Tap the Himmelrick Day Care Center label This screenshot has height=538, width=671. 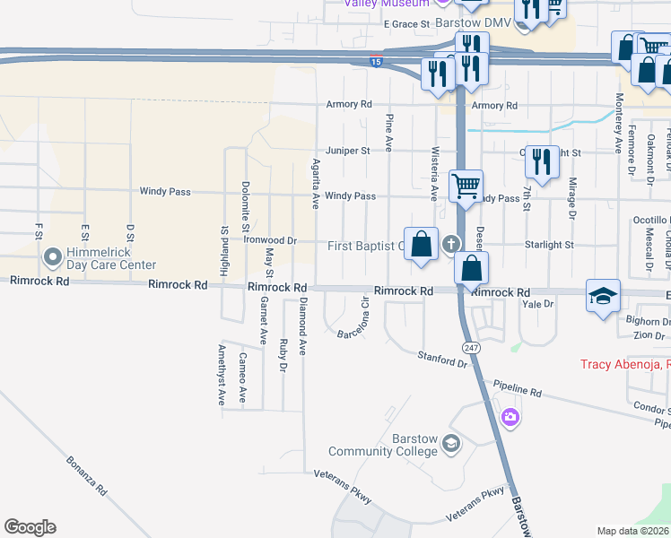click(x=105, y=258)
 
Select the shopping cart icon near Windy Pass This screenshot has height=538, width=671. click(x=466, y=187)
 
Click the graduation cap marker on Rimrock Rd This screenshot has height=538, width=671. click(x=604, y=295)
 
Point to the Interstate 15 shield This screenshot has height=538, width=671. click(x=376, y=62)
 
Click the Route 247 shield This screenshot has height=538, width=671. click(x=470, y=346)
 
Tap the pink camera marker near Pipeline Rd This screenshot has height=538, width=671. click(x=510, y=416)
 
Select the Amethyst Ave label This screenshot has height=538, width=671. click(x=222, y=375)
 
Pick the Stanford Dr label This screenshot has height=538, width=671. click(x=443, y=360)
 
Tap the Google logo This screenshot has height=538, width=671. click(x=30, y=527)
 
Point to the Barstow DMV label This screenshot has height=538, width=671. click(x=473, y=22)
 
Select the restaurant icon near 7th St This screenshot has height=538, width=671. click(x=542, y=161)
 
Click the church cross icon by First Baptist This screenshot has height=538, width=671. click(x=450, y=244)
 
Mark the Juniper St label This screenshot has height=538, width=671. click(x=348, y=151)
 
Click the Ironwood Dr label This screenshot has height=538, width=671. click(x=270, y=240)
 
